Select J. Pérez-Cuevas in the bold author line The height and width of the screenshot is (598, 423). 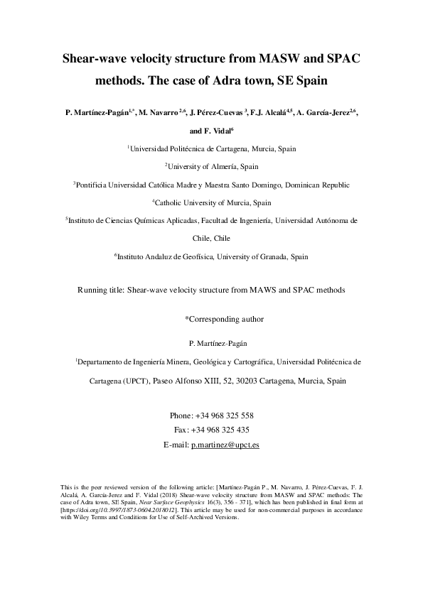217,112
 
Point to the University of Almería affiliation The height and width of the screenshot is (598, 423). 213,167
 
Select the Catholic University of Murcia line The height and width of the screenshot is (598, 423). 213,202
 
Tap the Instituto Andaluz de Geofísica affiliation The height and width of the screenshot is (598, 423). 213,256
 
